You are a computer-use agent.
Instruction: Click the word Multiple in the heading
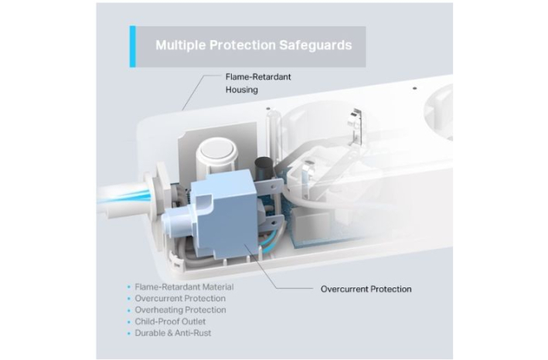181,46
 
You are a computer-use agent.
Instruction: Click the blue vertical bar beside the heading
132,46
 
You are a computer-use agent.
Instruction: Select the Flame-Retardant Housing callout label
258,83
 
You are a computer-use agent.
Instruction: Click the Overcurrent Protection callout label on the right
366,289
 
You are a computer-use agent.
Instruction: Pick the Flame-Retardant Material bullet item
184,287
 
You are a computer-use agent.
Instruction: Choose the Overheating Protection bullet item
180,310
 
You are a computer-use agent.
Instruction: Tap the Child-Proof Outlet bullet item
170,321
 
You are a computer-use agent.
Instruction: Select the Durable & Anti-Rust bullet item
173,333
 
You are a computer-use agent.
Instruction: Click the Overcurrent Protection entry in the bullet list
180,298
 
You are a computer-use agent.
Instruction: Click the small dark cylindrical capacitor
264,169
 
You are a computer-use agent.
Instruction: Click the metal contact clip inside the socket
355,127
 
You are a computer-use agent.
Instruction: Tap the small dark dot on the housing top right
414,88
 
